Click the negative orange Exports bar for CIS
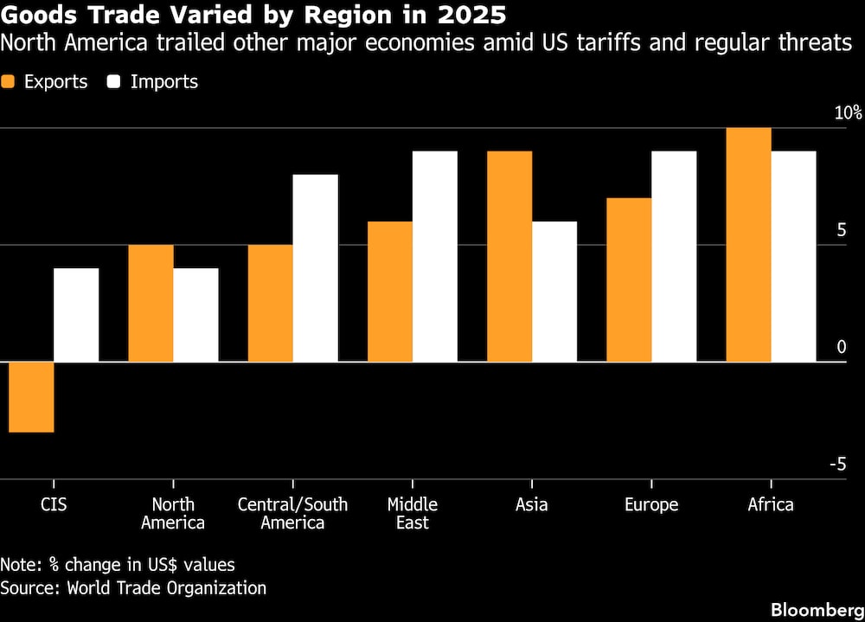pyautogui.click(x=32, y=396)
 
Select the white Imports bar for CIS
pyautogui.click(x=76, y=315)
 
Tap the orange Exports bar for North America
pyautogui.click(x=151, y=303)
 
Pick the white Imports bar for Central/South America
pyautogui.click(x=316, y=268)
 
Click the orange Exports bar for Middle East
pyautogui.click(x=390, y=292)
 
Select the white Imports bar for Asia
pyautogui.click(x=554, y=292)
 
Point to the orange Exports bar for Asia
pyautogui.click(x=509, y=256)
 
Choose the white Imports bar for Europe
pyautogui.click(x=674, y=256)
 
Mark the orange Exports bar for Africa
pyautogui.click(x=749, y=245)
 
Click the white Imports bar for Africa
pyautogui.click(x=794, y=256)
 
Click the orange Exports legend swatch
pyautogui.click(x=10, y=82)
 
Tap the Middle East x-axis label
pyautogui.click(x=413, y=514)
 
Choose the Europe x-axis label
pyautogui.click(x=651, y=505)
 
